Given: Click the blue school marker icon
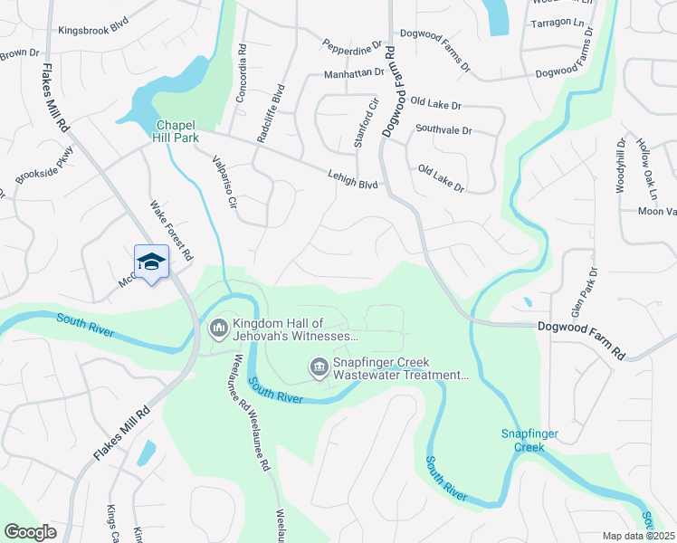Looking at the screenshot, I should click(x=151, y=262).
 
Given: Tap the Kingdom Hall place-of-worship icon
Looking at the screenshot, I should click(x=218, y=328).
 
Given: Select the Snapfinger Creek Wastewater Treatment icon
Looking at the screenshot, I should click(x=319, y=367).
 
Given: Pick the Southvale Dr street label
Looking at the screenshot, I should click(x=443, y=130).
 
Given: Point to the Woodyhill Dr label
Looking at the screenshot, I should click(x=622, y=166).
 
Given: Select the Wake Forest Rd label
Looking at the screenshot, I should click(x=171, y=231).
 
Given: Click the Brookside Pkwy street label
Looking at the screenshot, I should click(x=43, y=168).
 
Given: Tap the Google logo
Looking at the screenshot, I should click(x=30, y=532).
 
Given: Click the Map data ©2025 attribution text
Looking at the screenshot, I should click(x=637, y=536).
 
